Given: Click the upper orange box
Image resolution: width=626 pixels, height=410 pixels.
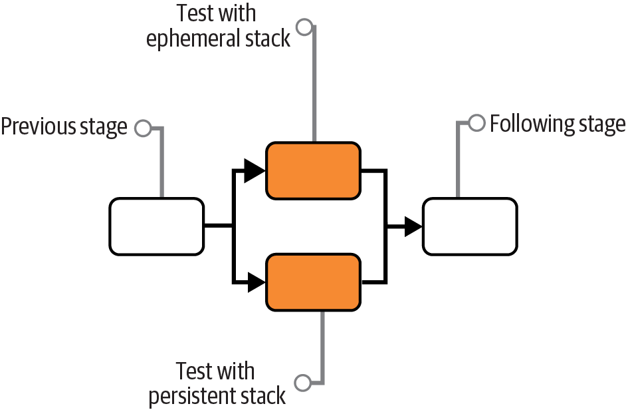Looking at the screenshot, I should click(x=313, y=170).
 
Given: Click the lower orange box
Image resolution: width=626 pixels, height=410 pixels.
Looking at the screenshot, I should click(x=313, y=282).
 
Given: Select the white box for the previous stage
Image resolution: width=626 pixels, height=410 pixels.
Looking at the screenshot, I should click(x=157, y=226).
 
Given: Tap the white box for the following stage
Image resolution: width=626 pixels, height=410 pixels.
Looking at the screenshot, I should click(x=470, y=226).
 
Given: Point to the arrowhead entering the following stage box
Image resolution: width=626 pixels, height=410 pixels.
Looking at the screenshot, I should click(x=412, y=226).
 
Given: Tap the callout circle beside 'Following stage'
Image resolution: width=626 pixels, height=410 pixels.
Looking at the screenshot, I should click(x=476, y=123).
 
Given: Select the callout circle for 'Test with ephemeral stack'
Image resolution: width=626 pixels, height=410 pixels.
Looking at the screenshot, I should click(x=304, y=27).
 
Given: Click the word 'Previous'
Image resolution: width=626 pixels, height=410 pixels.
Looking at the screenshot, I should click(x=34, y=126).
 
